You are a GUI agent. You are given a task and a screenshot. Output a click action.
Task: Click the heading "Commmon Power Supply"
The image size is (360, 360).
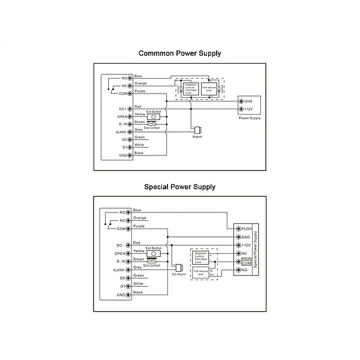click(x=179, y=53)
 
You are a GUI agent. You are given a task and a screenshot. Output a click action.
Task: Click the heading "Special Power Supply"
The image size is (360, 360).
click(x=179, y=187)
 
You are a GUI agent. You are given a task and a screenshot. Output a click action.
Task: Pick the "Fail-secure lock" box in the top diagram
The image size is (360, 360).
click(x=211, y=89)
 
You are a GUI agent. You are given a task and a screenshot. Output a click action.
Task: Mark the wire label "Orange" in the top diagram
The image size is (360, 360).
click(x=140, y=83)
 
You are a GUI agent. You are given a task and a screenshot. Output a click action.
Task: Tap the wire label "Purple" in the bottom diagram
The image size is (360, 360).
click(x=139, y=226)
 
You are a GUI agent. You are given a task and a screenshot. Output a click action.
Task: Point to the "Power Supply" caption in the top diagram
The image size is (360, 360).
click(x=250, y=118)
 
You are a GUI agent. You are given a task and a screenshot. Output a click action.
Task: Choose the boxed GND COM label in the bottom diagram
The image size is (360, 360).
click(x=246, y=262)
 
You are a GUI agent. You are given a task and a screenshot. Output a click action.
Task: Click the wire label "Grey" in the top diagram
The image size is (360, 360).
click(x=139, y=129)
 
